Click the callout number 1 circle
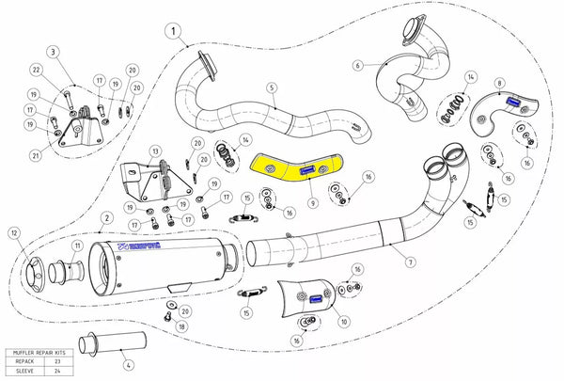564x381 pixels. [x=173, y=31]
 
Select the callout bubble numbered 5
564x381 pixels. [x=271, y=89]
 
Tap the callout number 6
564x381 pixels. [x=358, y=65]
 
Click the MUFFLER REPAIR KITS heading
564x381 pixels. [x=40, y=352]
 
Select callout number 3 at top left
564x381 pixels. [x=54, y=51]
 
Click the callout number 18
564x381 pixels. [x=181, y=326]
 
